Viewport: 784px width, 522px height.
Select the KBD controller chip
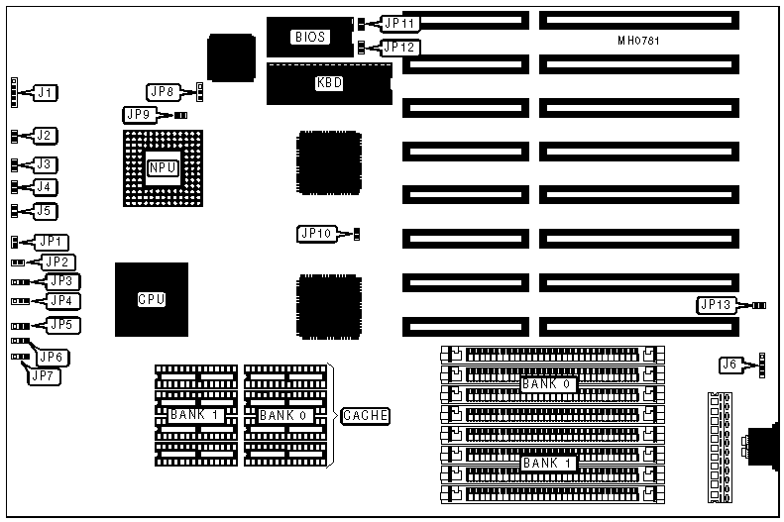tap(329, 83)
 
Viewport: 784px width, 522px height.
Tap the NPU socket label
tap(162, 167)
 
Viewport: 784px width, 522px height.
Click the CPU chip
tap(152, 298)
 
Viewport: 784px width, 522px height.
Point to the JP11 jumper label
tap(400, 22)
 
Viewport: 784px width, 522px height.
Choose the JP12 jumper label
tap(400, 47)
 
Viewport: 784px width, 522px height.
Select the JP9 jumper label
tap(140, 114)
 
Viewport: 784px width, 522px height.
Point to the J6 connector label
tap(730, 365)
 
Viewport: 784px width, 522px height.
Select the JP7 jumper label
tap(45, 375)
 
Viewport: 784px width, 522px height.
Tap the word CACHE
tap(365, 415)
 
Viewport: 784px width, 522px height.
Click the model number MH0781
tap(638, 41)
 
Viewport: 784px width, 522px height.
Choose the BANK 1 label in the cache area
tap(194, 414)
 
